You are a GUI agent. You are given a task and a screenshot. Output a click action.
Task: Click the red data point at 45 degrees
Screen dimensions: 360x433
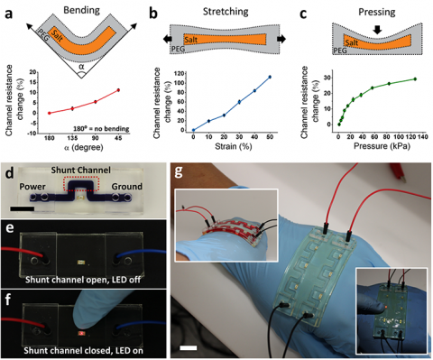click(118, 90)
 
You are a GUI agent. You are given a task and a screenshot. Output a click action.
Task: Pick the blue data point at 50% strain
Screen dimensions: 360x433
click(269, 77)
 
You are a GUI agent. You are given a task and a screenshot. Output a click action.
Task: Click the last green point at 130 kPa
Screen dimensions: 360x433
click(414, 79)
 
